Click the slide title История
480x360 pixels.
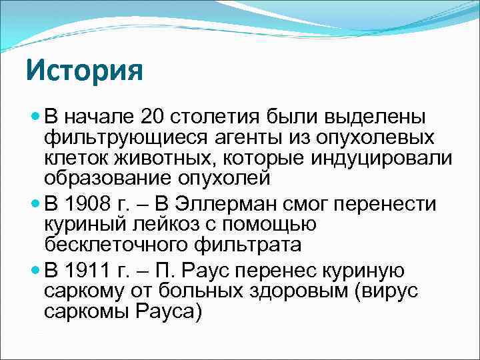pyautogui.click(x=85, y=70)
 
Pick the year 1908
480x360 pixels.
pyautogui.click(x=90, y=203)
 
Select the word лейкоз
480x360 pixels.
pyautogui.click(x=157, y=224)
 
